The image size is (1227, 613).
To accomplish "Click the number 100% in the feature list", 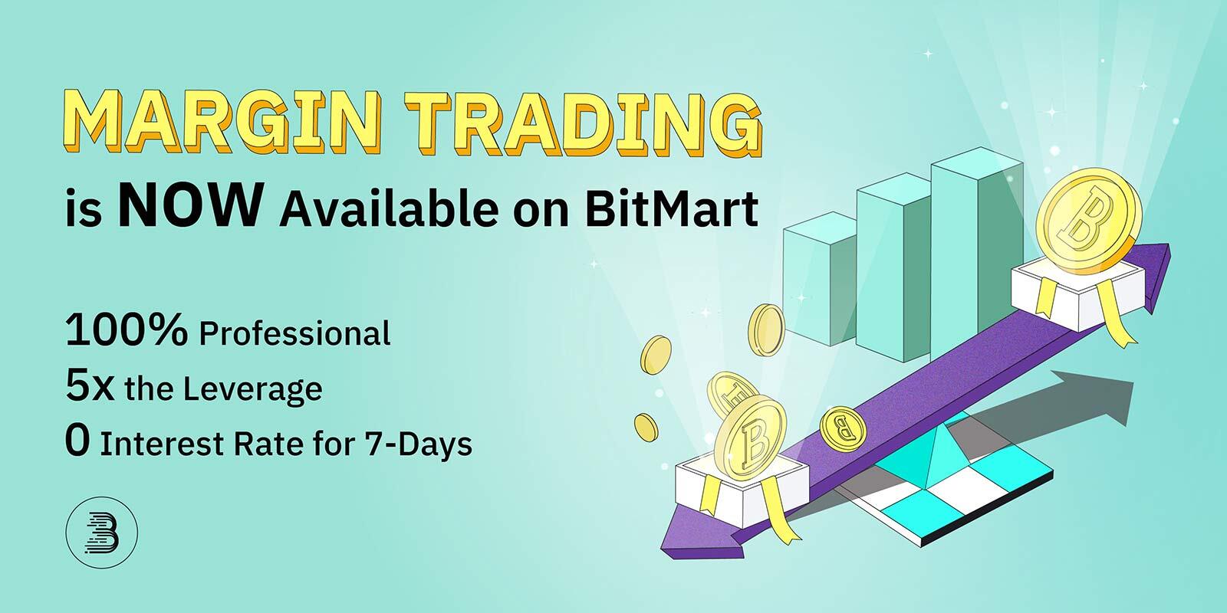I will pyautogui.click(x=127, y=331).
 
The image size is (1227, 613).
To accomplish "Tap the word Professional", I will pyautogui.click(x=295, y=334).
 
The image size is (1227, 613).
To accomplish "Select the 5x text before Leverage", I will pyautogui.click(x=90, y=387).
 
